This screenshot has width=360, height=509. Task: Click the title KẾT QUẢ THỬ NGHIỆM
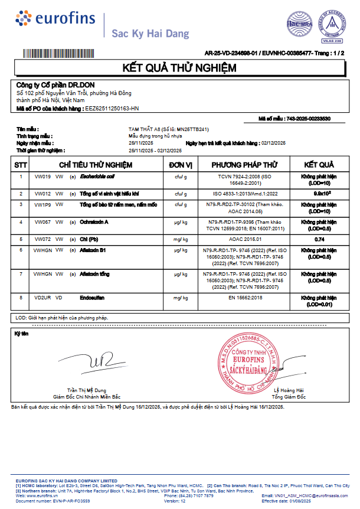[179, 68]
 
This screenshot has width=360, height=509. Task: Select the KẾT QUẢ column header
[319, 164]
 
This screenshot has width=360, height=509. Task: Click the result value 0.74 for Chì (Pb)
[320, 239]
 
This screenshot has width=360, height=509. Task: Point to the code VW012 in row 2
[42, 193]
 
